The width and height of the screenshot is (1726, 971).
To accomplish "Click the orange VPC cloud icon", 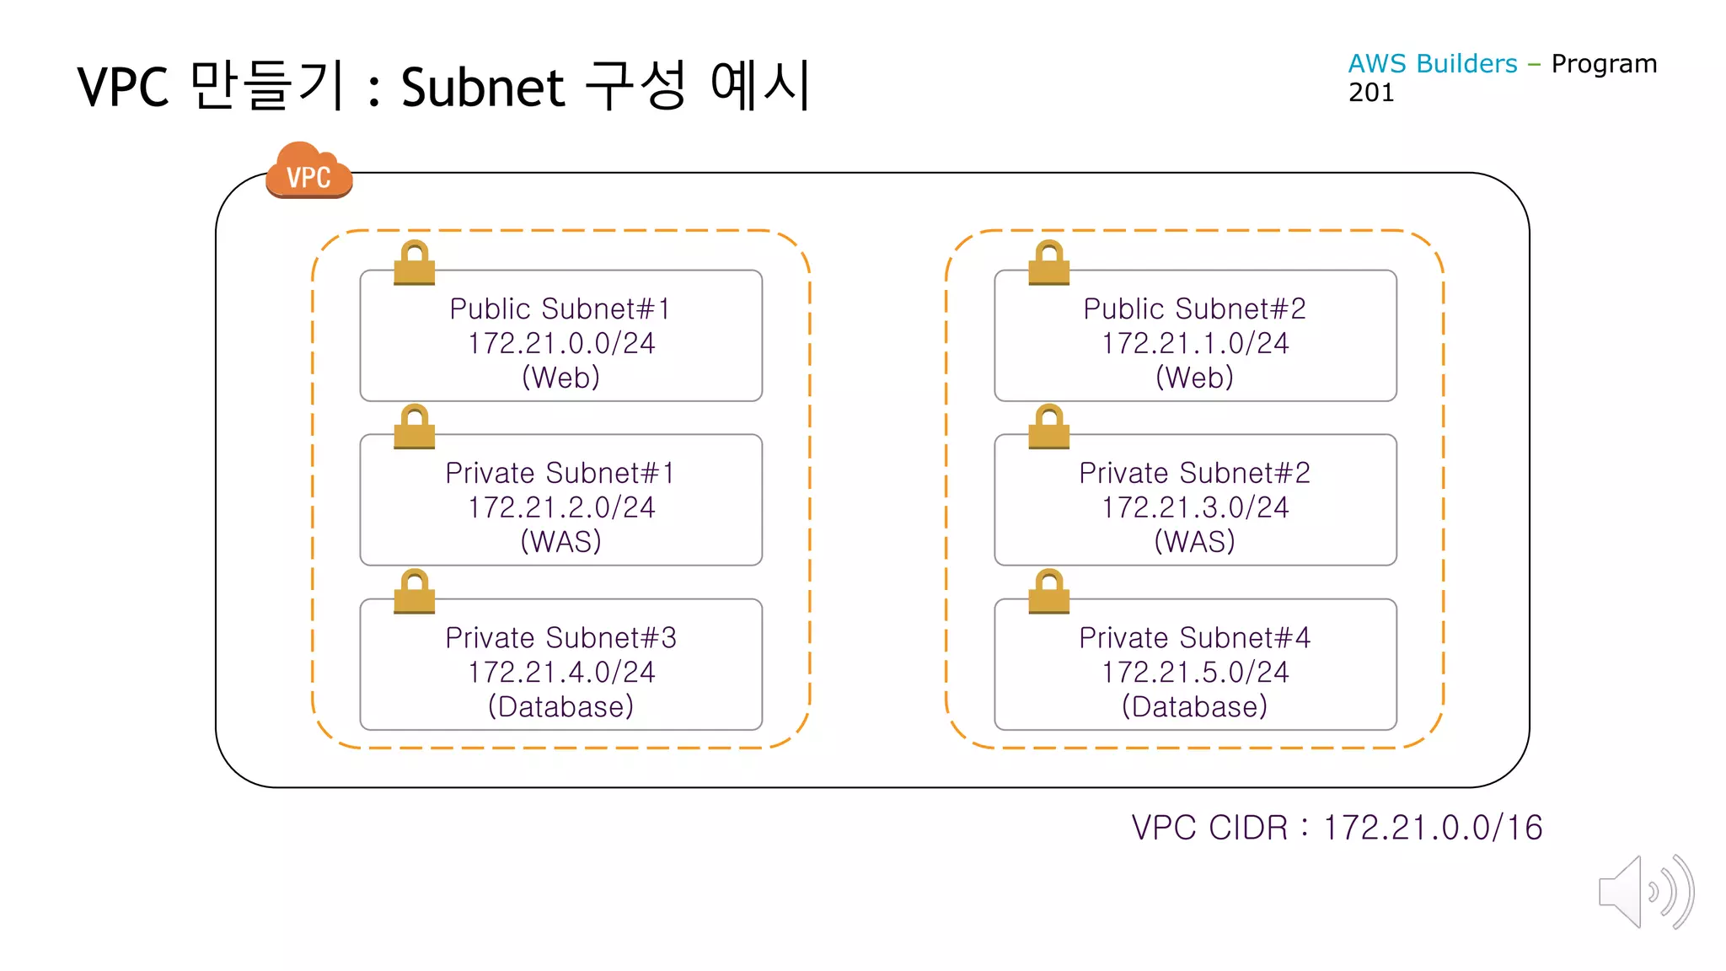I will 308,171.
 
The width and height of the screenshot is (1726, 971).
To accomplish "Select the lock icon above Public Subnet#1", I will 415,263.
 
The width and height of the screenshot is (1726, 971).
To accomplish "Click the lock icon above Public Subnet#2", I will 1048,263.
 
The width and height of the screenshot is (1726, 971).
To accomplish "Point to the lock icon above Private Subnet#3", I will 415,592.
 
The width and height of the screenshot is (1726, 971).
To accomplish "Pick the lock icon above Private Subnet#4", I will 1048,592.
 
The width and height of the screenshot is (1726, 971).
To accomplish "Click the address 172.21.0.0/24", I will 561,343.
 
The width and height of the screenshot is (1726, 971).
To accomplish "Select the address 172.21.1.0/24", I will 1195,343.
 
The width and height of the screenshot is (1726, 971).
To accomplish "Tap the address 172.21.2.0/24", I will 561,507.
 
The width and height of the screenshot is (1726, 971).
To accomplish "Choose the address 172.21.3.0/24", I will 1195,507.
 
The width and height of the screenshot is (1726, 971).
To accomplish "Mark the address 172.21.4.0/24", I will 561,672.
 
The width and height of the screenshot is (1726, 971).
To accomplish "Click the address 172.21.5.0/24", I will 1195,672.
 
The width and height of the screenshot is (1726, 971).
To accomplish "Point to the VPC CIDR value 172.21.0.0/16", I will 1433,828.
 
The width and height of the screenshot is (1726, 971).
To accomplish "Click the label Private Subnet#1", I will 560,473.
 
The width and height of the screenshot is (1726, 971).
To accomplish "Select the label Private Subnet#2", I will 1194,473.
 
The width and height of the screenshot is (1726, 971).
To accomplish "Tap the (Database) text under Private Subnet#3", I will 560,706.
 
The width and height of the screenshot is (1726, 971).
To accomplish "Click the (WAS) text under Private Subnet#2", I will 1194,541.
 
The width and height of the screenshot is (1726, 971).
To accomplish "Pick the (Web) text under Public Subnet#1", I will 560,377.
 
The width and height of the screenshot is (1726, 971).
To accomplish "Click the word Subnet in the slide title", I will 482,88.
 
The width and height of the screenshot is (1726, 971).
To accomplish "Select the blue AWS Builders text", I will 1432,64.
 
